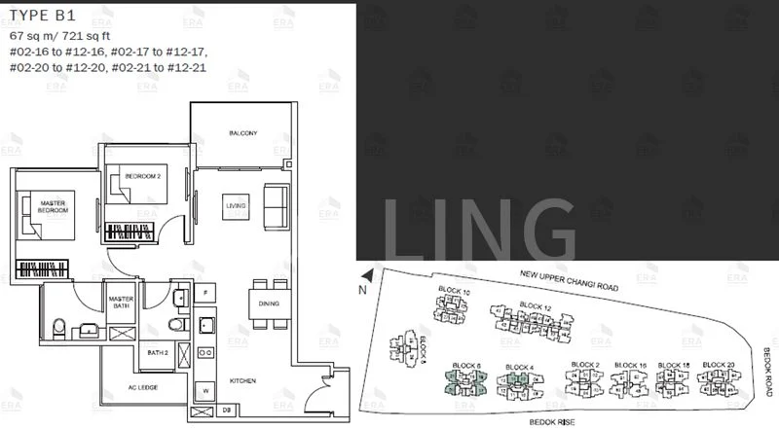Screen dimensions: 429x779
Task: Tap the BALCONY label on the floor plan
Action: (x=242, y=133)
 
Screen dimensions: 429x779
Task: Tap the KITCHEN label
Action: (x=243, y=381)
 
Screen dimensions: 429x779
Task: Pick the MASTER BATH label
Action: (x=122, y=304)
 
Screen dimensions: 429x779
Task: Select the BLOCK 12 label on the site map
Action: (x=535, y=305)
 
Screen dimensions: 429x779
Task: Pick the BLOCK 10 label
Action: (x=453, y=293)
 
